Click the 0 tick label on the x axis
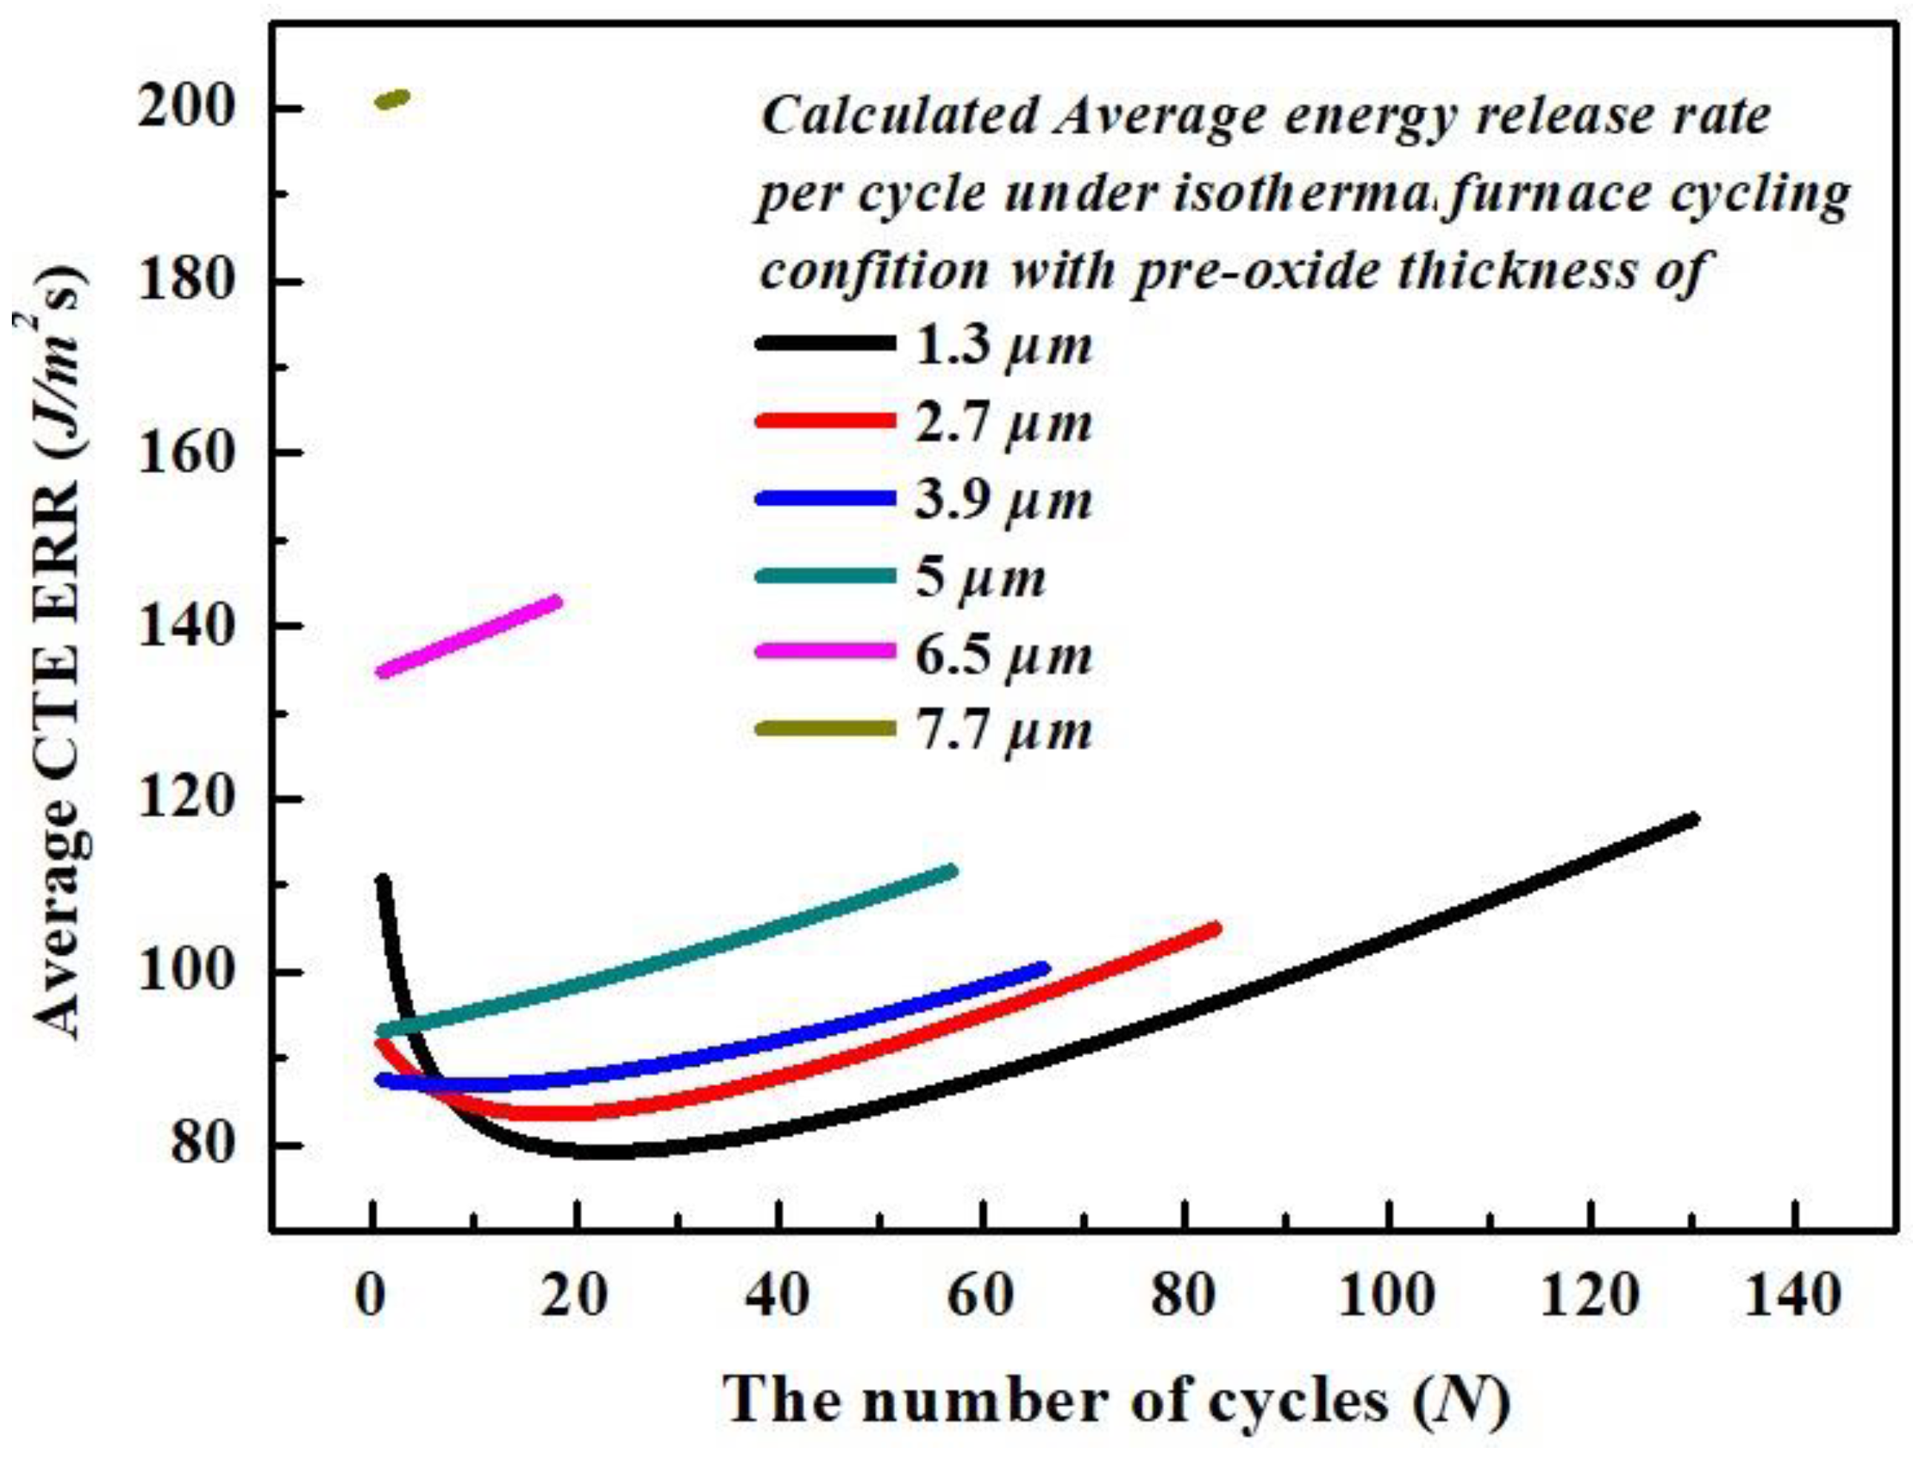click(x=372, y=1297)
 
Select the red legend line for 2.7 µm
click(x=825, y=421)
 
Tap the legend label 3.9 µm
click(x=1003, y=500)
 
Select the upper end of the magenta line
click(x=556, y=601)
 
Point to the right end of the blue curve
click(x=1044, y=968)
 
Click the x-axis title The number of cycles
click(x=1116, y=1401)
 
